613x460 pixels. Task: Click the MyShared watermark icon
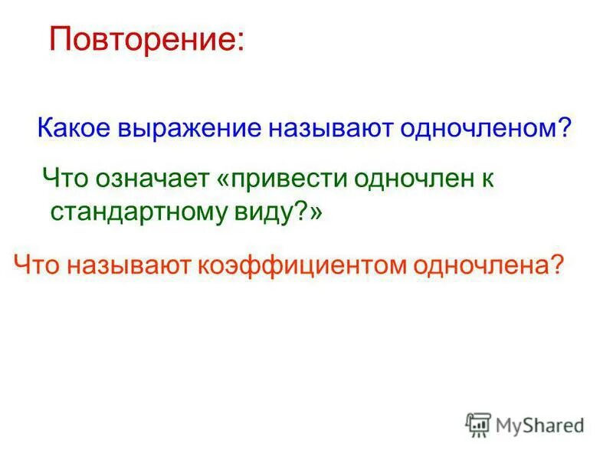tap(478, 425)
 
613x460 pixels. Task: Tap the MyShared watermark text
tap(539, 425)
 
